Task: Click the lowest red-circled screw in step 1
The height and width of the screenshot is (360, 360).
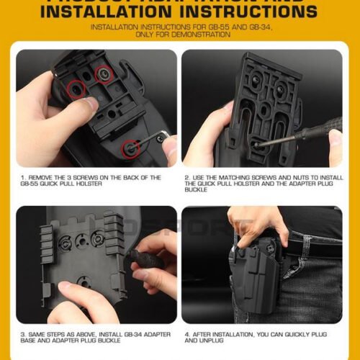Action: click(130, 148)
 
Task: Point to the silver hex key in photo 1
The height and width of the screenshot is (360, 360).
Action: click(163, 136)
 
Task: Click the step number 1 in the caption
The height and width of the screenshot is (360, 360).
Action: click(22, 177)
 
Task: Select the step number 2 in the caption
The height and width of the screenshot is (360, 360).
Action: click(186, 177)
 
